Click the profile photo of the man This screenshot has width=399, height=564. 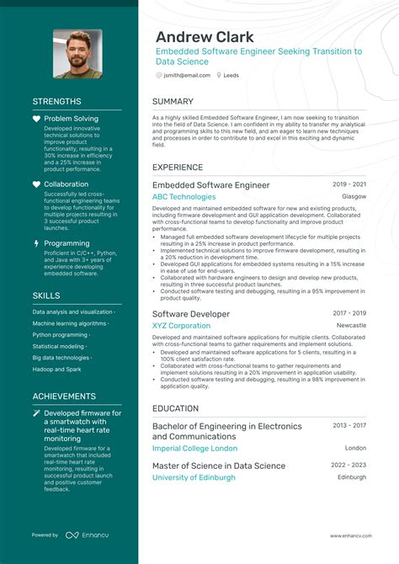point(77,54)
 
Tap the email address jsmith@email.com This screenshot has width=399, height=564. point(187,75)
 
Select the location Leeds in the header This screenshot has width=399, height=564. point(231,75)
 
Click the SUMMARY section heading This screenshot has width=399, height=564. point(173,102)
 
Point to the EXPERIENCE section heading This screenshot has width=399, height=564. point(178,168)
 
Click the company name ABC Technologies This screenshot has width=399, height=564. point(184,197)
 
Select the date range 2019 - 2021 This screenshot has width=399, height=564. point(349,184)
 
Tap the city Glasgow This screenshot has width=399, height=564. point(354,197)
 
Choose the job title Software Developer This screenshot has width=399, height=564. point(191,314)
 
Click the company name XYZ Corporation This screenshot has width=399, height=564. point(182,326)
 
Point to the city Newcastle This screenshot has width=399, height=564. point(351,326)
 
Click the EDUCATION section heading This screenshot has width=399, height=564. point(176,408)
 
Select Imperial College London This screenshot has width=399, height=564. point(195,449)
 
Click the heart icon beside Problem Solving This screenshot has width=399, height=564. point(36,119)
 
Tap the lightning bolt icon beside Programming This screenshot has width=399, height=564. point(36,243)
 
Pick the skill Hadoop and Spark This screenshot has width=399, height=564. point(58,370)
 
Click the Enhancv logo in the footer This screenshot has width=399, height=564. point(87,535)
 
